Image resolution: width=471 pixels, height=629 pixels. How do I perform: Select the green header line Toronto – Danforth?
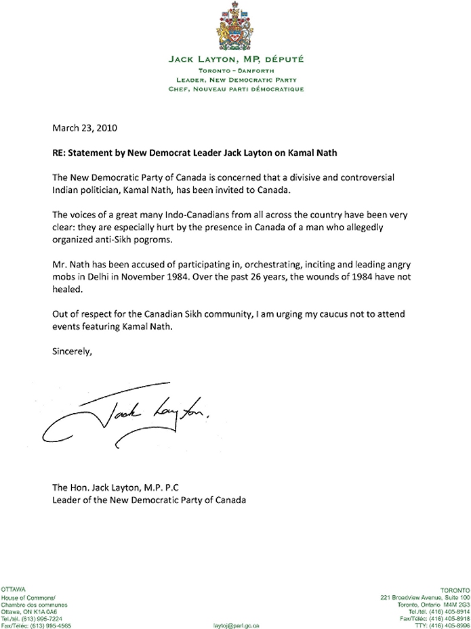click(x=236, y=70)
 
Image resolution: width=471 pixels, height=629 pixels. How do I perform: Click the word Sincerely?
click(x=71, y=351)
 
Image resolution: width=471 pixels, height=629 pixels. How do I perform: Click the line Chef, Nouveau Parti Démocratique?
click(x=236, y=89)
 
